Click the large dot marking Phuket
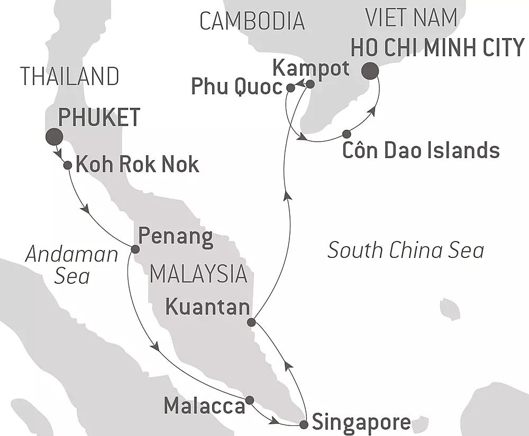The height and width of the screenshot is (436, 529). point(54,136)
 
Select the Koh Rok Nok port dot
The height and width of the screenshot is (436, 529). point(68,165)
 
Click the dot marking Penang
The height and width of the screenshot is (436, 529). point(135,249)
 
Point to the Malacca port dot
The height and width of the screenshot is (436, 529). point(250,400)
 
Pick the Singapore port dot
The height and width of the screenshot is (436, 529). point(304,424)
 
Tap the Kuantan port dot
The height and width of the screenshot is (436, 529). point(252,322)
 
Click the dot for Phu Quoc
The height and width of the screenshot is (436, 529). point(290,88)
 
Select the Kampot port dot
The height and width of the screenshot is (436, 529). point(311,84)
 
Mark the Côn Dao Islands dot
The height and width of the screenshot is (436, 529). point(346,134)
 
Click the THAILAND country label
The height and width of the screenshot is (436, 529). point(70,77)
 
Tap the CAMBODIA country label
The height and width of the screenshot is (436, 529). point(252,21)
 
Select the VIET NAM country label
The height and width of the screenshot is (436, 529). point(411,18)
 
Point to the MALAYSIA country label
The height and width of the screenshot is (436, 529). point(199,274)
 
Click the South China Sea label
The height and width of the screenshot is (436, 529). point(406,250)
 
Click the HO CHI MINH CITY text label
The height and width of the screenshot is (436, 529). point(437,48)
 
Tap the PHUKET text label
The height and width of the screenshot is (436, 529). point(99,117)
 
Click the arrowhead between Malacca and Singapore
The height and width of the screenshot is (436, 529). point(274,422)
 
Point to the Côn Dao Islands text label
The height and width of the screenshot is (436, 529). point(421,151)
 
